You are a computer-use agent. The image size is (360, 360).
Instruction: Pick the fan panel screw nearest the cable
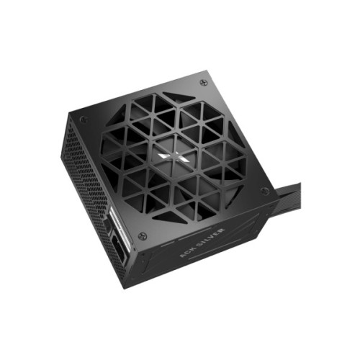265,190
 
